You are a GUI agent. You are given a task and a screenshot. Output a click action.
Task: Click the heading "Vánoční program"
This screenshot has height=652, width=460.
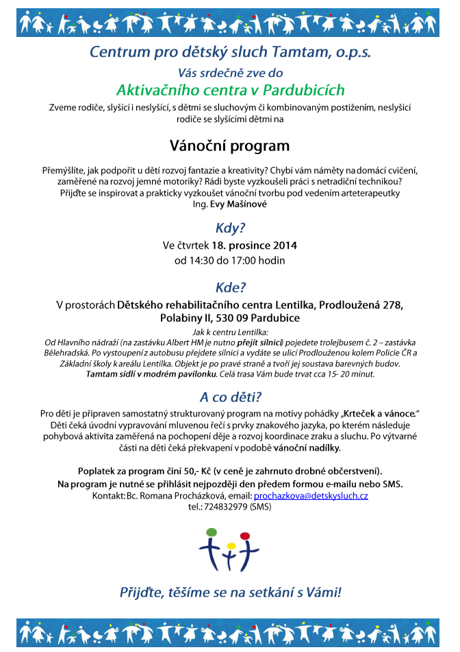pos(230,146)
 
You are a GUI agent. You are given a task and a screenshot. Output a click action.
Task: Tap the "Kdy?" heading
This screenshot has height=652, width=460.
pos(230,228)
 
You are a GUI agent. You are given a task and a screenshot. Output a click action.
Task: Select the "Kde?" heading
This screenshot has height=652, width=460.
pos(230,288)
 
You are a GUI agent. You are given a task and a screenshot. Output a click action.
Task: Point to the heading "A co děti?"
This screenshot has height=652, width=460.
pos(230,397)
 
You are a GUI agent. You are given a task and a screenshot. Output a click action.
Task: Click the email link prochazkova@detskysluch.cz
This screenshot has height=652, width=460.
pos(311,495)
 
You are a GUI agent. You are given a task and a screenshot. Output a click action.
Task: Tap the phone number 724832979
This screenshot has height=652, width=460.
pos(226,507)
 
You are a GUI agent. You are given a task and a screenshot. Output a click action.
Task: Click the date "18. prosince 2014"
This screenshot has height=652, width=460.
pos(255,245)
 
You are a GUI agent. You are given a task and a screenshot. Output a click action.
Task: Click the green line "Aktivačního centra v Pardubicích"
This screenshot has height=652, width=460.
pos(230,90)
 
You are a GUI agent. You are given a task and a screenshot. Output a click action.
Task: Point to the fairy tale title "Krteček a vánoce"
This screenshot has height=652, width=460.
pos(381,414)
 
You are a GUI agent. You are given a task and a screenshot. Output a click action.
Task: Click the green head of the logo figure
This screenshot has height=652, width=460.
pos(211,531)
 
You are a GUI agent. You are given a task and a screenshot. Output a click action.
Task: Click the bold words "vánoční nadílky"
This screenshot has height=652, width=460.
pos(307,448)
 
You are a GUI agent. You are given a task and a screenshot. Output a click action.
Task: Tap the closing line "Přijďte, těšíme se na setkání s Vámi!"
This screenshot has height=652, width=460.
pos(230,593)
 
